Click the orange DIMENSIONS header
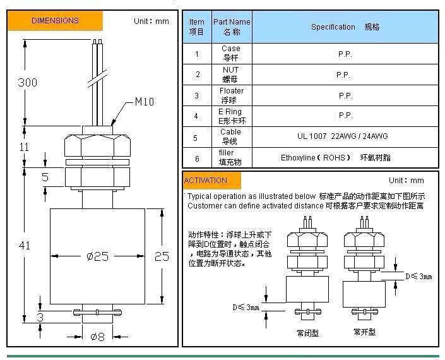click(x=55, y=21)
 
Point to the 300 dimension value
click(x=27, y=83)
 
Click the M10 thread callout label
click(x=144, y=102)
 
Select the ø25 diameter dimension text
click(x=98, y=256)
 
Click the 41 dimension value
click(x=25, y=246)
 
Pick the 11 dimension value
click(x=25, y=147)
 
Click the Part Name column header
click(x=232, y=27)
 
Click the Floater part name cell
click(x=232, y=95)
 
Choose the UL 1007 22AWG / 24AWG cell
click(x=343, y=136)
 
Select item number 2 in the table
click(x=197, y=75)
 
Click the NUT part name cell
click(x=231, y=75)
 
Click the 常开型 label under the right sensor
click(x=364, y=332)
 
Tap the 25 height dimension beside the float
click(x=162, y=256)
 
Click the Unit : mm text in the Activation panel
click(x=406, y=181)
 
